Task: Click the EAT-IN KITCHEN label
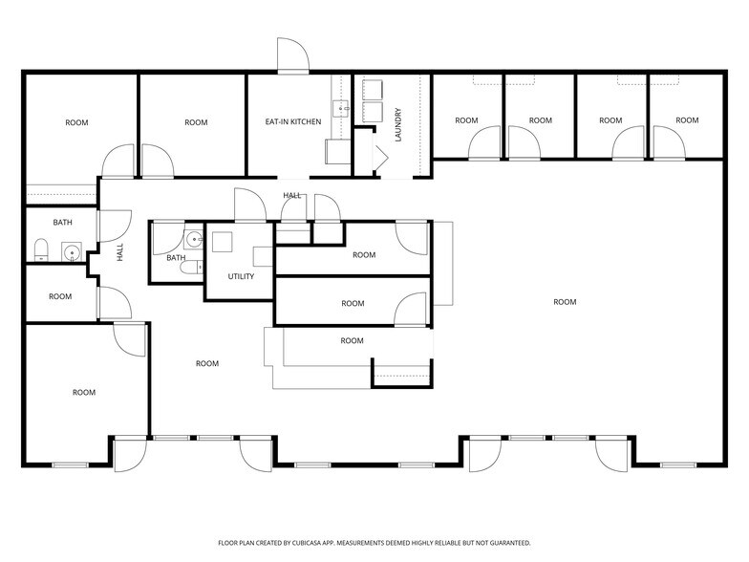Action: (292, 121)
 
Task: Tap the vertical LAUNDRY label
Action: (398, 124)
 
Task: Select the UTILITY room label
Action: (241, 276)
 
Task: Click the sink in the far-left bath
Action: (70, 253)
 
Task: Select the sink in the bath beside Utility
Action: (193, 239)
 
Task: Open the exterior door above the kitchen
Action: (291, 55)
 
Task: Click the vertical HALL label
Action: (120, 252)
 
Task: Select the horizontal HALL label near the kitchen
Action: (291, 195)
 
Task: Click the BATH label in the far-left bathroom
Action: (62, 223)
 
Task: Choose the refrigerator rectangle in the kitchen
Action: (337, 152)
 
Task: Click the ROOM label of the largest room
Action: (565, 302)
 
